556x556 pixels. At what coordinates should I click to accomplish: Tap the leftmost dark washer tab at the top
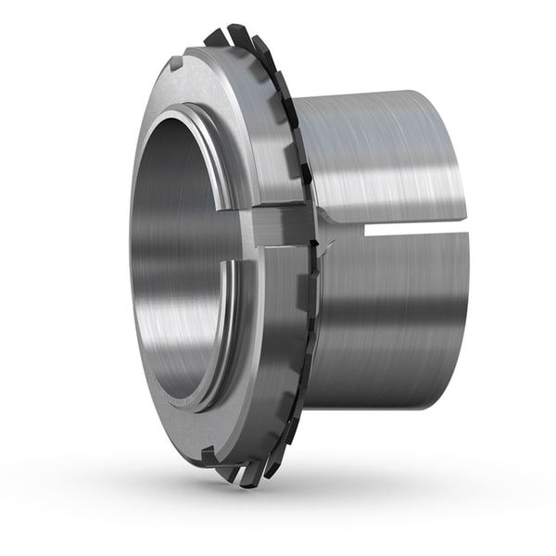pyautogui.click(x=214, y=38)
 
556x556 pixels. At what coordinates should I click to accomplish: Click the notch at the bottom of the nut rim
pyautogui.click(x=208, y=452)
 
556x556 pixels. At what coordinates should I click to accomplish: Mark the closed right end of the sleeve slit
pyautogui.click(x=461, y=230)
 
